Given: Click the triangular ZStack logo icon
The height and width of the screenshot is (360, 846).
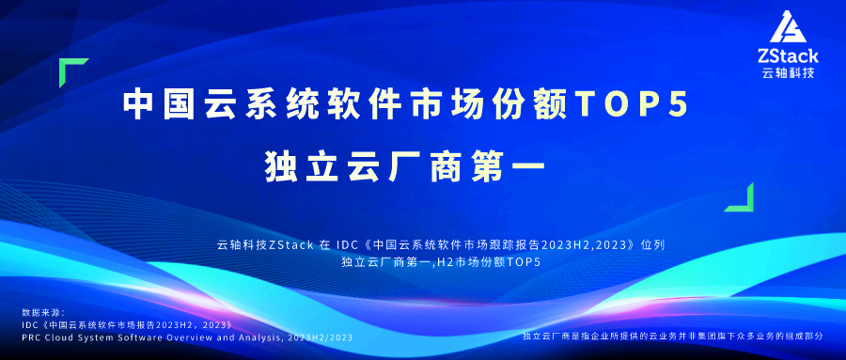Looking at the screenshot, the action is (x=789, y=27).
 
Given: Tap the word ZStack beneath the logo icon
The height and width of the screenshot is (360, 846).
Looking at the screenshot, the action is (x=789, y=55).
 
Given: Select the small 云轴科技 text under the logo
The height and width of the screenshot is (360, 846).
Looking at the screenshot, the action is (x=789, y=73).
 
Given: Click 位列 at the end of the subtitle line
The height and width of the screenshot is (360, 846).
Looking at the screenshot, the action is (x=652, y=245).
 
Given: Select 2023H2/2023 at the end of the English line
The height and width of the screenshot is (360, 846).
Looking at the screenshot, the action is (x=320, y=337).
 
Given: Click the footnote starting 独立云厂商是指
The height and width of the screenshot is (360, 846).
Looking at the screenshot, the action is (x=673, y=336).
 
